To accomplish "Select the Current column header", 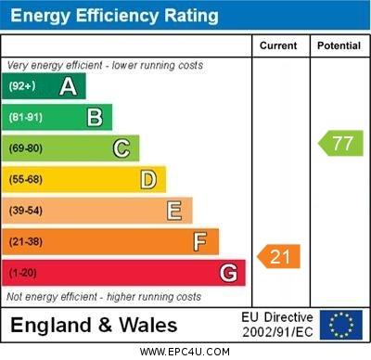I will [x=278, y=45].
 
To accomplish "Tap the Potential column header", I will [x=339, y=45].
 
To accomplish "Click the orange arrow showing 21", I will [x=279, y=256].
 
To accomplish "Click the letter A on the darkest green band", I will [x=68, y=86].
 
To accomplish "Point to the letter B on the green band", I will [x=95, y=117].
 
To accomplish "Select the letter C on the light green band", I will [x=122, y=148].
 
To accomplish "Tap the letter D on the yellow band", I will [x=147, y=179].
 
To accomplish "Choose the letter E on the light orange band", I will [x=174, y=211].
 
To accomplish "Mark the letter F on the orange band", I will [x=200, y=242].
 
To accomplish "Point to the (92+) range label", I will [x=22, y=86].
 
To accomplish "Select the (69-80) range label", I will [x=26, y=148].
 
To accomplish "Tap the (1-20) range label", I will [x=23, y=274].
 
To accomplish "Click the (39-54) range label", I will [x=26, y=211].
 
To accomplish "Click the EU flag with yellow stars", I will [x=340, y=325].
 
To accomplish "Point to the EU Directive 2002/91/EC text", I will [x=277, y=325].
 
